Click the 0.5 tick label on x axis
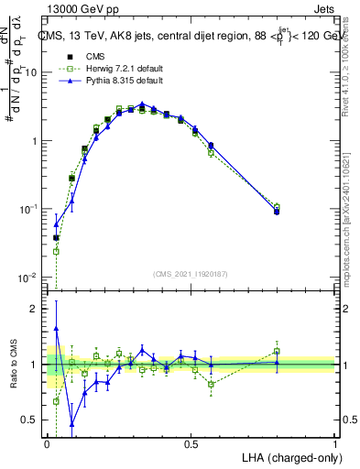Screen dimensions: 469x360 point(191,442)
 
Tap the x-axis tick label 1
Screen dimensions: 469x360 point(335,442)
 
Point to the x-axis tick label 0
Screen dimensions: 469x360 point(47,442)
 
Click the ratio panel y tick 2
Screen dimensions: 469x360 point(35,309)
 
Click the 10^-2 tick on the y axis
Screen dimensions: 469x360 point(28,277)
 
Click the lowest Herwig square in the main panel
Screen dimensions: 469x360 point(56,251)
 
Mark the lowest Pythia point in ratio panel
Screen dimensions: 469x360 point(71,422)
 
